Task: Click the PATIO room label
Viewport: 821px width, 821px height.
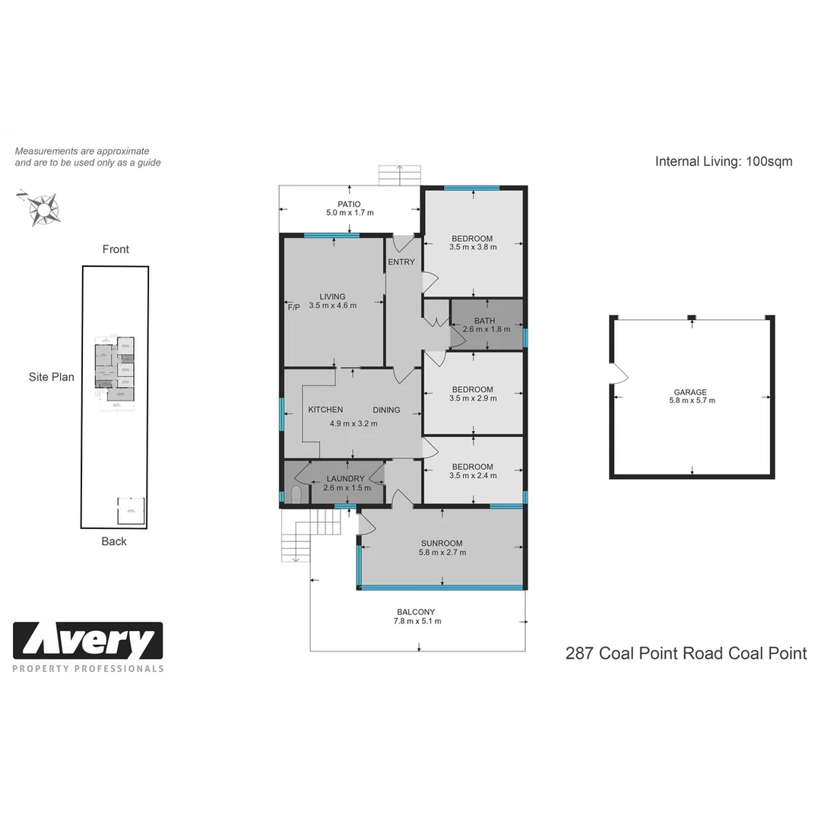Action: (349, 204)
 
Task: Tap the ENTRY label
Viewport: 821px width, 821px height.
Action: (401, 262)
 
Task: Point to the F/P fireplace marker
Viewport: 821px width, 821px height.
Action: (293, 306)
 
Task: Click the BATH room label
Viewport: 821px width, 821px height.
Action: (484, 322)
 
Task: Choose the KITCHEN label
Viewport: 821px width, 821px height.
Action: (325, 410)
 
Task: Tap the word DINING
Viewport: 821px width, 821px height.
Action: (386, 410)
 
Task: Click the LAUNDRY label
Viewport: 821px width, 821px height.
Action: (345, 479)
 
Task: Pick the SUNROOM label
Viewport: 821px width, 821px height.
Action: (442, 544)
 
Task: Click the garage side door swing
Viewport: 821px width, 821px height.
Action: (619, 373)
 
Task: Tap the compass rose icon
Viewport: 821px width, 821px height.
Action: (43, 207)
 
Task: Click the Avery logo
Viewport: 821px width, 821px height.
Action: (88, 642)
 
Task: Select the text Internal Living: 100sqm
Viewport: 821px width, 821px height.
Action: (723, 161)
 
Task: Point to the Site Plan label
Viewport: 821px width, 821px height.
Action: (52, 377)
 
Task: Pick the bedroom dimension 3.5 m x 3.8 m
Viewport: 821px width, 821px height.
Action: (472, 247)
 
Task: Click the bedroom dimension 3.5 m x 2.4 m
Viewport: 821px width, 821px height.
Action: (472, 476)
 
